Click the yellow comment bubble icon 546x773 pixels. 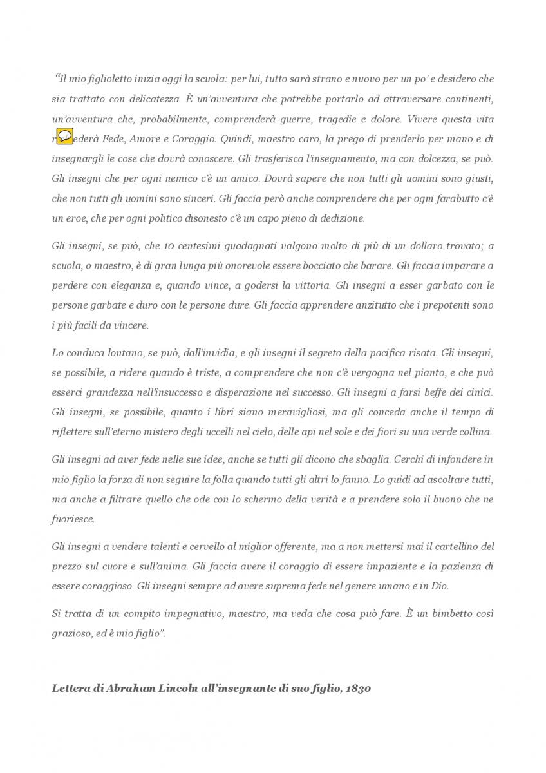[65, 136]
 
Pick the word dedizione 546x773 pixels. [340, 218]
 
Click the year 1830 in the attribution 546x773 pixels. [358, 689]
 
